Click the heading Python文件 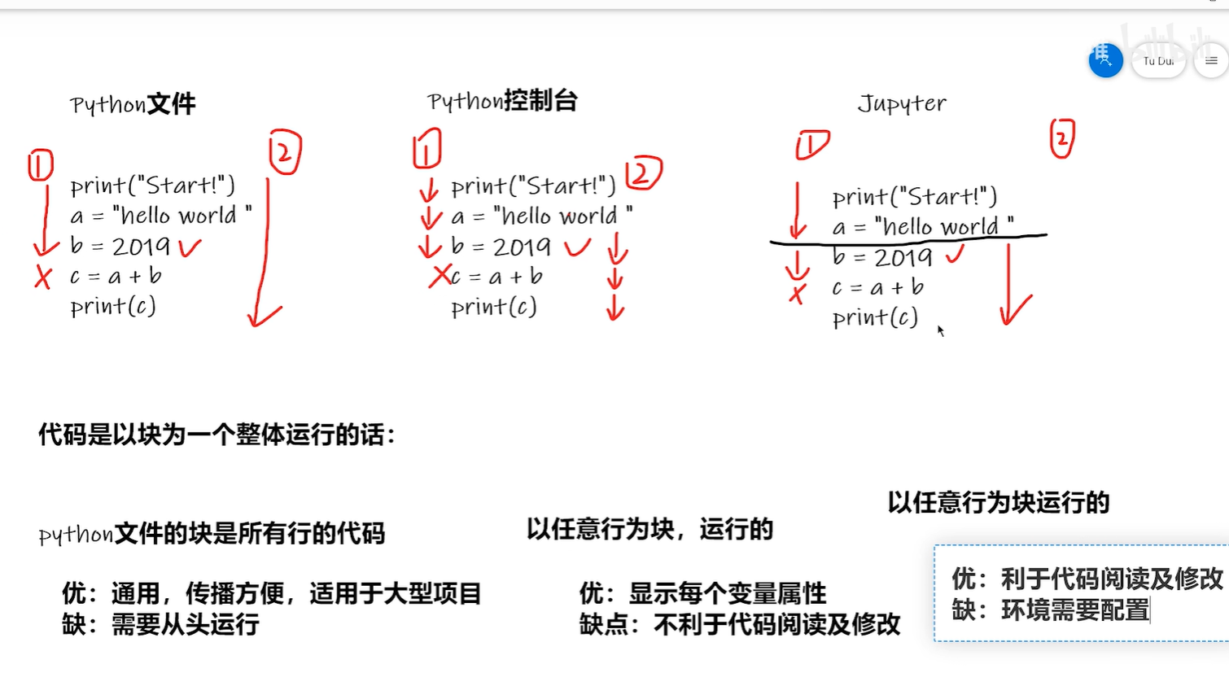click(x=133, y=104)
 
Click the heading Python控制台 click(x=502, y=101)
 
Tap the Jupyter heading click(x=902, y=103)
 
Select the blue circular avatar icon click(x=1105, y=60)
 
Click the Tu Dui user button click(x=1158, y=61)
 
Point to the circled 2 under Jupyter click(x=1062, y=138)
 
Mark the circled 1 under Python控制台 click(x=426, y=149)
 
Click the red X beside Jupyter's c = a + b click(x=798, y=293)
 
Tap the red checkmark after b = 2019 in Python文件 click(x=190, y=247)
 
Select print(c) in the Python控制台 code click(x=494, y=307)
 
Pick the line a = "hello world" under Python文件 click(x=161, y=216)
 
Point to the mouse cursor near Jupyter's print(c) click(x=940, y=330)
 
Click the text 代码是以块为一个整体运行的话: click(x=216, y=435)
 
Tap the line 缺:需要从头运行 click(x=161, y=624)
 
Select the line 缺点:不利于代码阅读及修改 click(x=740, y=624)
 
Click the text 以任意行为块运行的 click(x=999, y=502)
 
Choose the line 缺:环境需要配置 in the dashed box click(x=1050, y=610)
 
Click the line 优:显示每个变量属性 click(x=702, y=593)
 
